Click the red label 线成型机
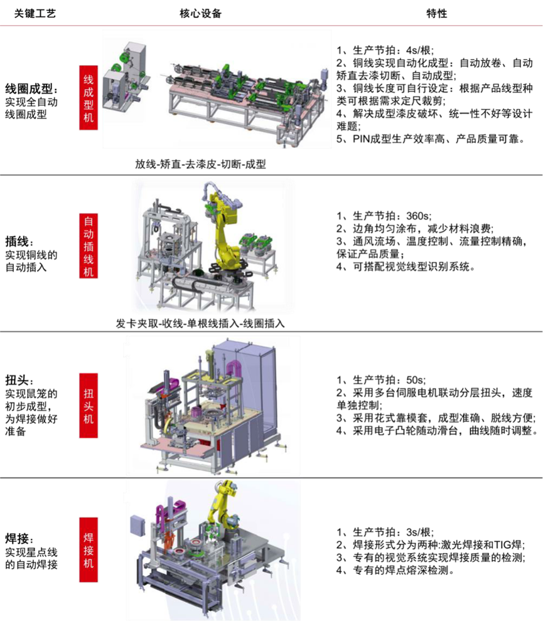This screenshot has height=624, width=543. tap(89, 97)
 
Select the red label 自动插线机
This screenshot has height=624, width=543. tap(89, 246)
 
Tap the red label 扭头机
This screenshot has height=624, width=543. tap(89, 406)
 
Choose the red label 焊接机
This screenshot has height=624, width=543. tap(89, 549)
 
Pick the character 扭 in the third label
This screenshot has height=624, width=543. tap(89, 392)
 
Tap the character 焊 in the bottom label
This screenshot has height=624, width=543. tap(89, 537)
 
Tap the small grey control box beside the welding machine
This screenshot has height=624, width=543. tap(137, 525)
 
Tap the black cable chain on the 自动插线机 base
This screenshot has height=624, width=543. tap(188, 285)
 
